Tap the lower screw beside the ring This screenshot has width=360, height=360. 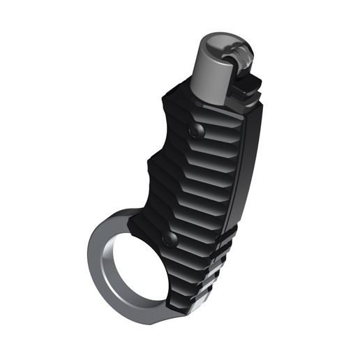click(x=170, y=240)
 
